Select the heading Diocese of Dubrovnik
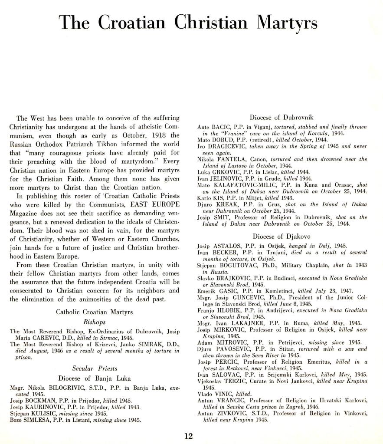pos(282,118)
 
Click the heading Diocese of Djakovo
pos(282,237)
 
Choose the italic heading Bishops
pos(94,322)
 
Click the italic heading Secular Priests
pos(94,368)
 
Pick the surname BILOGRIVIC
pos(64,388)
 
